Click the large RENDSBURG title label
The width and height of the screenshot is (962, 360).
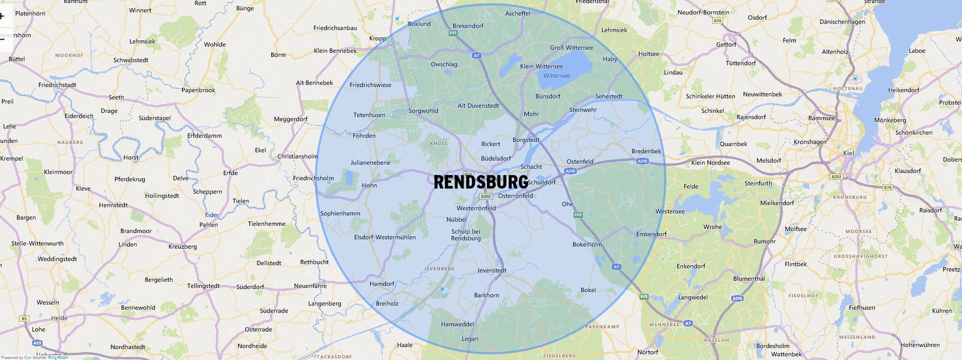(481, 182)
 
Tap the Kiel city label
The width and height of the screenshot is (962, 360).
(848, 153)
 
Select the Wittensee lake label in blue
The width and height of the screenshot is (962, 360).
(556, 76)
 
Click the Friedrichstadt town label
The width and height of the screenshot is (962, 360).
(57, 85)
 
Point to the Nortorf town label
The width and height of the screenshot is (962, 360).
(648, 352)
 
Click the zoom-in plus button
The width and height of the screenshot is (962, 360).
(2, 16)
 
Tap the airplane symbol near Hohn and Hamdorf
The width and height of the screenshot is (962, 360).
(443, 290)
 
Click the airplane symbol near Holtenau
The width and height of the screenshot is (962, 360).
(854, 79)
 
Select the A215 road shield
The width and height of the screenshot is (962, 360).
(737, 298)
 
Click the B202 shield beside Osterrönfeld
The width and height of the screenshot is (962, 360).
(486, 196)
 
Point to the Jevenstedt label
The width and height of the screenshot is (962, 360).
(492, 270)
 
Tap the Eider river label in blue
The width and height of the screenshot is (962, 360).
(212, 215)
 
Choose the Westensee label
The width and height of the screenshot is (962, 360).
(670, 212)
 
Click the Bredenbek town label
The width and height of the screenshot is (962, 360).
(646, 151)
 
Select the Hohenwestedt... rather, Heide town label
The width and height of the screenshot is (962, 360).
(59, 318)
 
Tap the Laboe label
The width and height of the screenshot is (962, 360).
(917, 51)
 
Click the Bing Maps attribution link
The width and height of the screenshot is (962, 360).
(58, 358)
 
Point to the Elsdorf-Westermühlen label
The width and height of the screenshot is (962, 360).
(385, 237)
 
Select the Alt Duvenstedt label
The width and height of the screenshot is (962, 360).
(478, 106)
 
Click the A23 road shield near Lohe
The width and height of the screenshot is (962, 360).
(37, 343)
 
